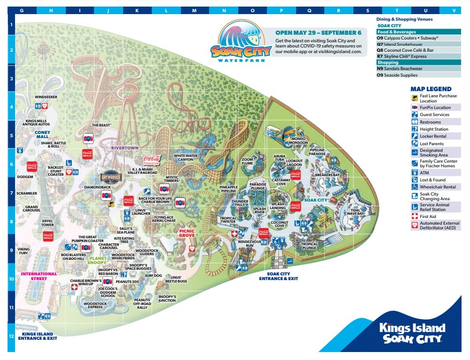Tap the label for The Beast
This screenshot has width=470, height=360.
click(x=101, y=125)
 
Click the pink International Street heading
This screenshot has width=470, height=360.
click(x=39, y=276)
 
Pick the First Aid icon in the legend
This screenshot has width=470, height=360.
click(x=415, y=216)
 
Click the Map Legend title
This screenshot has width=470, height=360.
click(x=431, y=89)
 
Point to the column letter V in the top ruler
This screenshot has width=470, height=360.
click(x=454, y=10)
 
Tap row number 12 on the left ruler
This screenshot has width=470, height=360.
click(x=11, y=337)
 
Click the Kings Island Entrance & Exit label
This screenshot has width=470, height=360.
click(x=38, y=335)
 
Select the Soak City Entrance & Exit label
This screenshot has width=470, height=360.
click(x=278, y=276)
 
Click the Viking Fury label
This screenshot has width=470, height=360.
click(x=23, y=251)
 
